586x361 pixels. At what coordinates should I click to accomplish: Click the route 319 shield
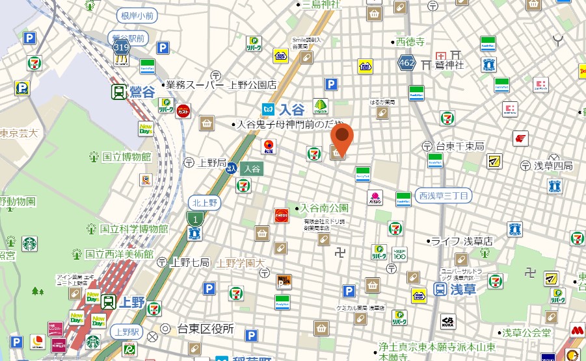click(x=120, y=47)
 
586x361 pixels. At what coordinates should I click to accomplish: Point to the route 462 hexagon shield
click(x=406, y=63)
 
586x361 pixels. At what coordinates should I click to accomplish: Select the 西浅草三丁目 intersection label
click(x=444, y=195)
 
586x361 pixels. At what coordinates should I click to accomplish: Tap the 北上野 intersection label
click(x=206, y=202)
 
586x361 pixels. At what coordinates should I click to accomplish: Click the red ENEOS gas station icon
click(x=281, y=215)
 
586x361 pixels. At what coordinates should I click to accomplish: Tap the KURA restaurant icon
click(x=447, y=321)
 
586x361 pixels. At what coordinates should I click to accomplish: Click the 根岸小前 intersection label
click(x=137, y=16)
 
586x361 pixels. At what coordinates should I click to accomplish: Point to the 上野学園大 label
click(x=241, y=263)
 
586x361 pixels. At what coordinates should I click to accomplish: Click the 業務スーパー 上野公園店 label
click(x=221, y=84)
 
